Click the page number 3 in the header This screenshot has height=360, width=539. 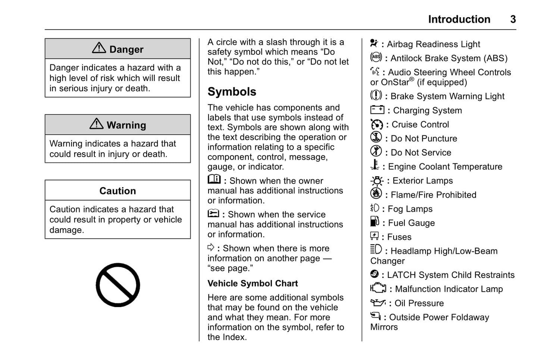(x=513, y=19)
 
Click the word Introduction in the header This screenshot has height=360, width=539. (x=459, y=19)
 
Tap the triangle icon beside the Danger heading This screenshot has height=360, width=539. (x=99, y=48)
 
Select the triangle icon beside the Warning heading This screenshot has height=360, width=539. (x=97, y=124)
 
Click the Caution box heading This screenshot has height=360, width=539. (x=117, y=191)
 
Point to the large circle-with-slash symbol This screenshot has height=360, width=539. (x=118, y=285)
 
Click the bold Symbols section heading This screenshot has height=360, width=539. (x=232, y=92)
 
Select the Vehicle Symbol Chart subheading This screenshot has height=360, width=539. (x=253, y=284)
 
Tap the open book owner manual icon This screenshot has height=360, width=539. (x=214, y=179)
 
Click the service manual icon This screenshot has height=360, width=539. (x=213, y=214)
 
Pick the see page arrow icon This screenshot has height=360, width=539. (x=211, y=247)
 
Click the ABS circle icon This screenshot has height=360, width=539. (x=376, y=57)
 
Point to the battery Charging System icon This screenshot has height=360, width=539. (x=377, y=110)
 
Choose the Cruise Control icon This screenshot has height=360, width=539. (x=377, y=124)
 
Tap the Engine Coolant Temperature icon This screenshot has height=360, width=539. (x=375, y=165)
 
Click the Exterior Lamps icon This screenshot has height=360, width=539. (x=377, y=181)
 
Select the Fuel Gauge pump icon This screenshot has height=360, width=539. (x=375, y=222)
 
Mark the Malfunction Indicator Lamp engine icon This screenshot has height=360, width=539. (x=378, y=288)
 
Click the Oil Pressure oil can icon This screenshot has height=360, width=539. (x=378, y=303)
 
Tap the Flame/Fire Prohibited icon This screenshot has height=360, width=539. (x=376, y=194)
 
